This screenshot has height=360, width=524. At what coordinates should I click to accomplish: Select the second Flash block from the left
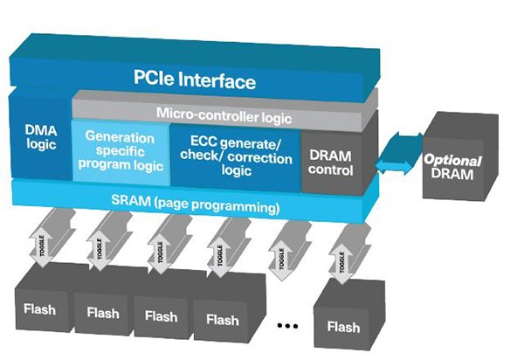coord(102,313)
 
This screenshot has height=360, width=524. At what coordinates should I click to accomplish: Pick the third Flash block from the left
coord(162,315)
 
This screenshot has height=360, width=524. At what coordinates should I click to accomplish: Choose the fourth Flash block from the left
coord(221,319)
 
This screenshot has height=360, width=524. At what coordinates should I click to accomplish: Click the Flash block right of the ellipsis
coord(342,327)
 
